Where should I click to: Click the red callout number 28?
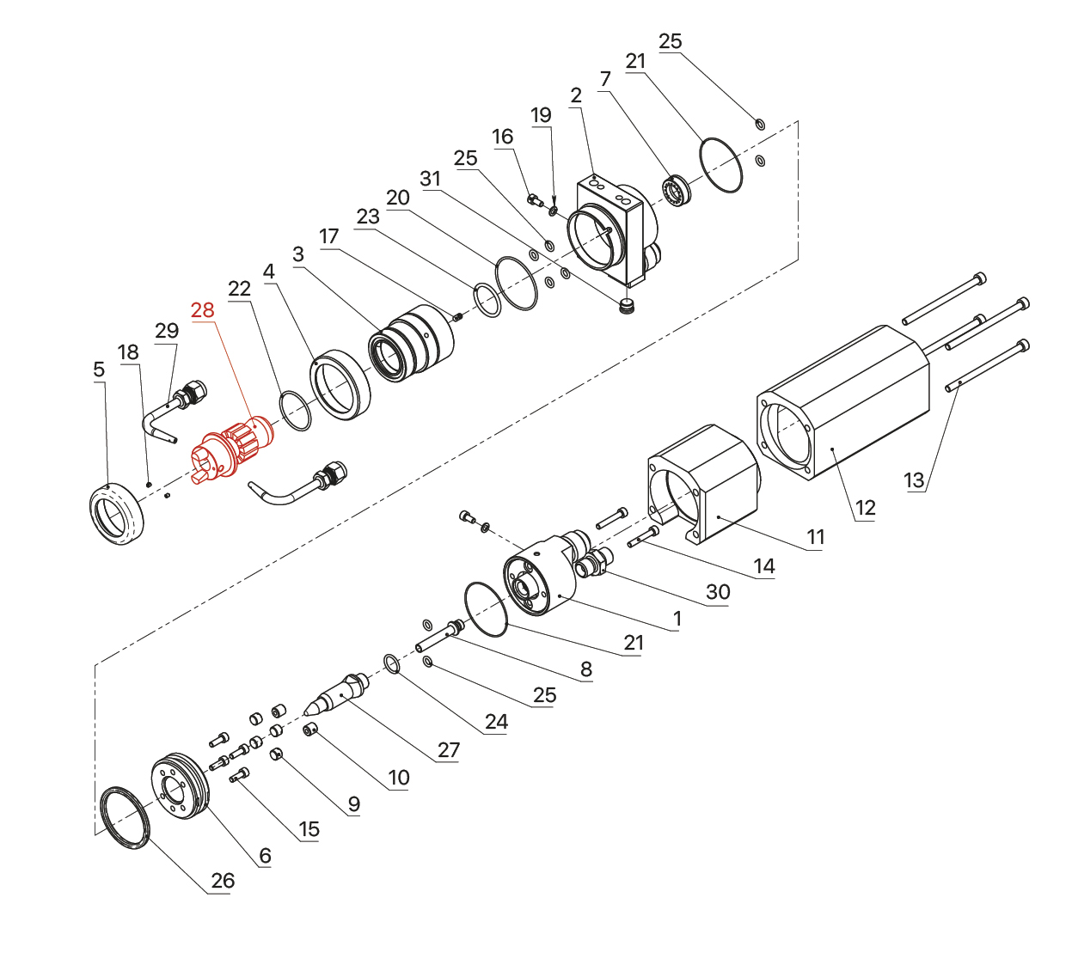tap(203, 310)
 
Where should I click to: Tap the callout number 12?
tap(865, 508)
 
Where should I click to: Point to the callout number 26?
tap(223, 881)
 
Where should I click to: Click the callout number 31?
tap(430, 179)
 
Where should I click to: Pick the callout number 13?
tap(915, 481)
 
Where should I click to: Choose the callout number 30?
tap(718, 592)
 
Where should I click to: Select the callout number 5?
tap(99, 370)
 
